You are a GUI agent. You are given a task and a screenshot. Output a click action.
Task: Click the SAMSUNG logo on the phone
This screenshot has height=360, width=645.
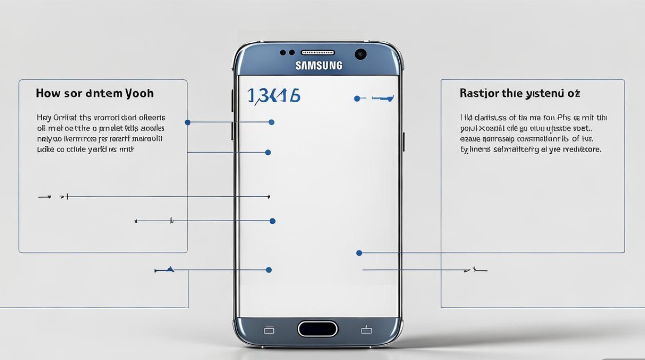coord(319,65)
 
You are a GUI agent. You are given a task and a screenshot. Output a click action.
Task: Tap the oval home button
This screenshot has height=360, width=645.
coord(318,329)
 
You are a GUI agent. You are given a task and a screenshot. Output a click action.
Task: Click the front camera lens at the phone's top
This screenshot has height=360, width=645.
coord(361,54)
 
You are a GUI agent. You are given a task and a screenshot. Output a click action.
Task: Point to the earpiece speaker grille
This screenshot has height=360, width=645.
coord(318,52)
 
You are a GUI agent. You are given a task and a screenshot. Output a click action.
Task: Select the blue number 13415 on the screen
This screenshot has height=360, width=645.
coord(274,96)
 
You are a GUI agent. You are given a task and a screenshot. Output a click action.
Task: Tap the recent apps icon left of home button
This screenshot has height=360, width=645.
coord(269,330)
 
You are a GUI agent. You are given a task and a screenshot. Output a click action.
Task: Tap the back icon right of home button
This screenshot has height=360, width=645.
coord(367,329)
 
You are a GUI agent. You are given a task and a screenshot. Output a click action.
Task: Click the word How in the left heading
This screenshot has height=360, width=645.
coord(48,93)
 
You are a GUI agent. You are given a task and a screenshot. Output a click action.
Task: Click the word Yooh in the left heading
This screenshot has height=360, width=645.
coord(139,93)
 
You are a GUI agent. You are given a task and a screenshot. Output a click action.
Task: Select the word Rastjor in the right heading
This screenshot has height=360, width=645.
coord(478,93)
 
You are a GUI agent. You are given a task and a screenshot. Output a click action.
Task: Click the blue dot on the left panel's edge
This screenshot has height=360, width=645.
coord(188,122)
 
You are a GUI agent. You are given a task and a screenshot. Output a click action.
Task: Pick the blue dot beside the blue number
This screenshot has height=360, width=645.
coord(357,98)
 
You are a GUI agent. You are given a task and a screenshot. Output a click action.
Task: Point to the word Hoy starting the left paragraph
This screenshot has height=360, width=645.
coord(43,117)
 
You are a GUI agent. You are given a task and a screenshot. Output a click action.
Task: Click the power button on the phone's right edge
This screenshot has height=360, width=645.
coord(403,141)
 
